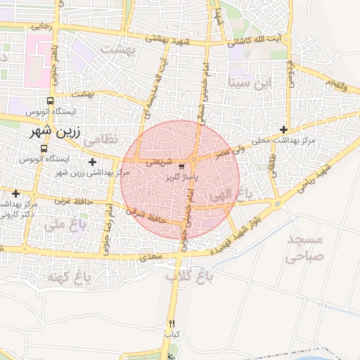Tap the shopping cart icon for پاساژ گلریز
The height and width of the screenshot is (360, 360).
point(183,167)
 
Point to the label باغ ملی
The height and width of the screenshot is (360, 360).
point(60,225)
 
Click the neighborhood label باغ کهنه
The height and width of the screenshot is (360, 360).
point(70,277)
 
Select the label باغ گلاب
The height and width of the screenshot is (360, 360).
point(184,277)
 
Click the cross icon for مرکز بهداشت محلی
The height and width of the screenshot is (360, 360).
point(283,129)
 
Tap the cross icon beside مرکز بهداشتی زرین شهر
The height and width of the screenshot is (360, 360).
point(92,162)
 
